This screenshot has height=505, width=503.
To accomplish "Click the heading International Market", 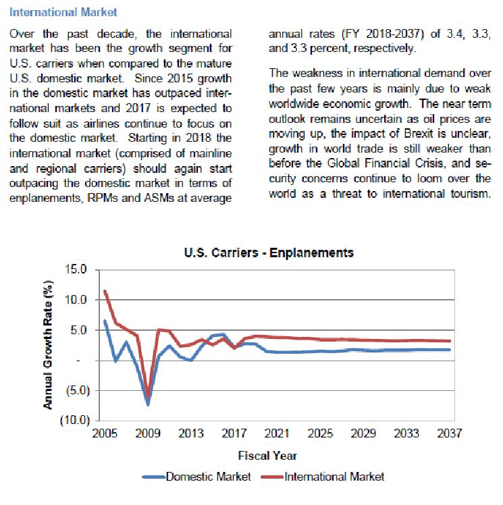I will click(65, 12).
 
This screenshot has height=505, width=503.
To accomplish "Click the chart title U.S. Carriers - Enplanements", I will click(269, 254).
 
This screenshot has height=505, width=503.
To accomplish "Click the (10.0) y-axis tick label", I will click(74, 421).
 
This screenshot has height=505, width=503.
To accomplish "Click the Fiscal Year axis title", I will click(268, 456).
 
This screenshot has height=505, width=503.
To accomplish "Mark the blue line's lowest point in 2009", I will click(148, 404).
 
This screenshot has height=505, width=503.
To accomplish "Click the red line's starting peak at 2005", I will click(105, 292).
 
